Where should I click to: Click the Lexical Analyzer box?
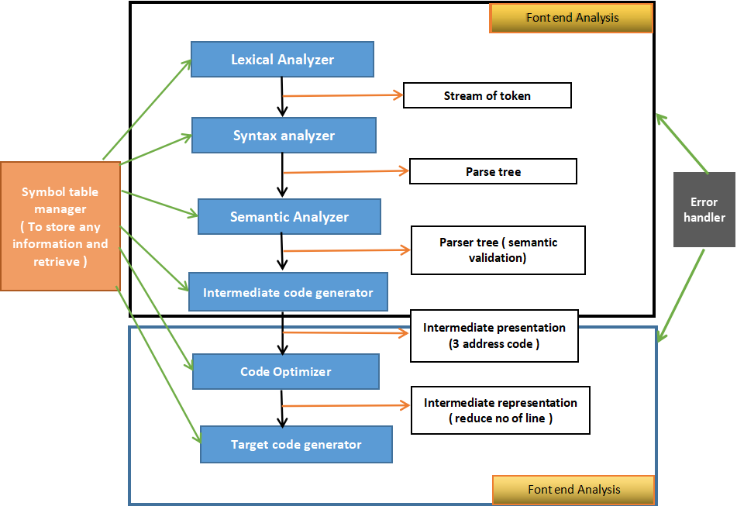coord(282,60)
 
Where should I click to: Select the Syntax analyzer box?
coord(284,136)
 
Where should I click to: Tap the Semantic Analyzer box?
coord(289,217)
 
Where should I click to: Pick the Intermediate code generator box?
coord(288,292)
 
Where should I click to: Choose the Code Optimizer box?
coord(285,372)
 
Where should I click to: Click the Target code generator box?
coord(296,444)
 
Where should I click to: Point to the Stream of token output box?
coord(487,96)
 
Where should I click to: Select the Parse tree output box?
coord(493,171)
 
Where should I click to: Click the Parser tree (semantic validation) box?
coord(498,250)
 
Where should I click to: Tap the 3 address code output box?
coord(494,336)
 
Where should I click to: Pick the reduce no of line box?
coord(500,411)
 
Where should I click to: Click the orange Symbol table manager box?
coord(60,226)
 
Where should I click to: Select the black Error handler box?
coord(704,210)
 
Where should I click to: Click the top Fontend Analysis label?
coord(571,18)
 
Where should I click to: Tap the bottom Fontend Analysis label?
coord(573,490)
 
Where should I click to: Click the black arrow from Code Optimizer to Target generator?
coord(282,408)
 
